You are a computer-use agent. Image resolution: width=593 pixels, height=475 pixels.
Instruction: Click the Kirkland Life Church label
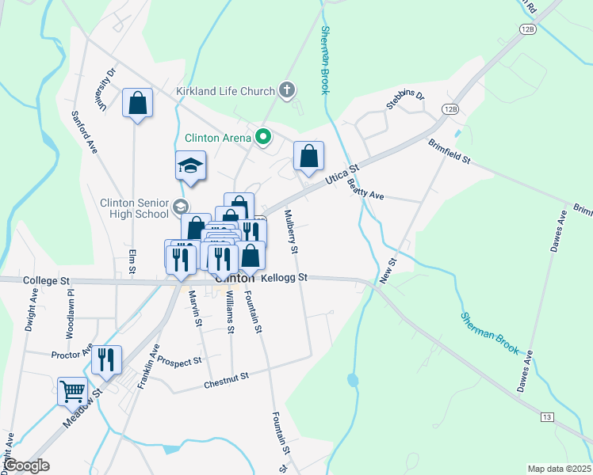(x=225, y=91)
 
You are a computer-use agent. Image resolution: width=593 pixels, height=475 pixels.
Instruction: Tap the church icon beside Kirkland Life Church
(x=287, y=91)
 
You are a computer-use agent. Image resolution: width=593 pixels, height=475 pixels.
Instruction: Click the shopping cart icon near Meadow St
(x=71, y=390)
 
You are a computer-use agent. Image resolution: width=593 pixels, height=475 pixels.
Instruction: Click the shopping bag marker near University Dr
(x=137, y=103)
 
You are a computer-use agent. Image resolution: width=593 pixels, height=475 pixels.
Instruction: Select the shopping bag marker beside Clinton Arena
(x=308, y=156)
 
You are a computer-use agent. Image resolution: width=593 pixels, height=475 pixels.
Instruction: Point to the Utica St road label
(x=342, y=175)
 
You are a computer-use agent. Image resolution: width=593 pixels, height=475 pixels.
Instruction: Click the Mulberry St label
(x=291, y=231)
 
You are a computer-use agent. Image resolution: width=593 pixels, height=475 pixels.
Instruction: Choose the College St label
(x=47, y=280)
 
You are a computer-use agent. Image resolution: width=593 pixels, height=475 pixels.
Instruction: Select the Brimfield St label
(x=450, y=151)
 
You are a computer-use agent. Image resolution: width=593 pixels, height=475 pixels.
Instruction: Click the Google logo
(x=27, y=465)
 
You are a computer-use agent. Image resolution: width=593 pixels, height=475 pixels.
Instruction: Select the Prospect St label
(x=179, y=361)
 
